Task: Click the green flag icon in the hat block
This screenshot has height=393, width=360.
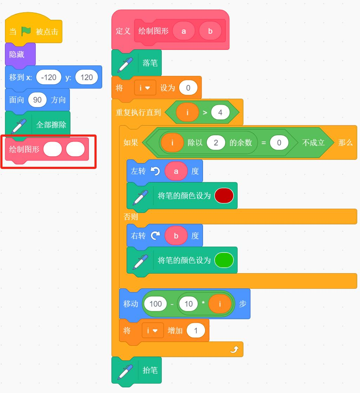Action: click(x=26, y=32)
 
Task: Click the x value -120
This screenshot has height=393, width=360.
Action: click(x=48, y=77)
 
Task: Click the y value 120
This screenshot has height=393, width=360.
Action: click(x=87, y=77)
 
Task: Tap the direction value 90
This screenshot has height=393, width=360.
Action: click(x=37, y=100)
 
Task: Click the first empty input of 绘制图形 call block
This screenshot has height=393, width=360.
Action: click(x=53, y=149)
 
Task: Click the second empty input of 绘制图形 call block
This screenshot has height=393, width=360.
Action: click(x=75, y=149)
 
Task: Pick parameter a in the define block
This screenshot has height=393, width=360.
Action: click(x=184, y=31)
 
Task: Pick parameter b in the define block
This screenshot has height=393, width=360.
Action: click(x=210, y=31)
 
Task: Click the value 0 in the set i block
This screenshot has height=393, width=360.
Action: click(x=188, y=88)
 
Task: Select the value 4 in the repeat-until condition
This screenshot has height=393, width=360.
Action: click(x=220, y=112)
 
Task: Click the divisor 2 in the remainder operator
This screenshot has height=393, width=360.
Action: click(x=216, y=143)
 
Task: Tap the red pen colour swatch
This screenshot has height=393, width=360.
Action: click(x=224, y=196)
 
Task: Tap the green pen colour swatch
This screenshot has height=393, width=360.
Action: click(x=224, y=260)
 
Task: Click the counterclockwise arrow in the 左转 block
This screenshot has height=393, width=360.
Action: click(x=155, y=171)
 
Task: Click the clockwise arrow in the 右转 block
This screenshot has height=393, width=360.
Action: click(x=155, y=236)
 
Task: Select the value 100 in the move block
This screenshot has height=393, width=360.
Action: click(x=156, y=304)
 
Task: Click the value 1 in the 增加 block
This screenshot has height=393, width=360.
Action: click(x=196, y=330)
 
